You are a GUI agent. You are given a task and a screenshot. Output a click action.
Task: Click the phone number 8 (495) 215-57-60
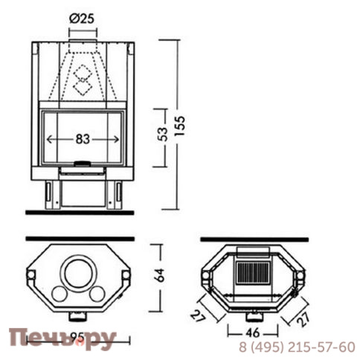click(x=297, y=347)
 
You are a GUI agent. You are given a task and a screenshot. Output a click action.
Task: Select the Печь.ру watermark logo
click(x=62, y=340)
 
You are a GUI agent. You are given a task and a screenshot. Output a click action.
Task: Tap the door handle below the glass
click(x=82, y=161)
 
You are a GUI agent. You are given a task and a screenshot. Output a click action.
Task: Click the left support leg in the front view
click(x=50, y=193)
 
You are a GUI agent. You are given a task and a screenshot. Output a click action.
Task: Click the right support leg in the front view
click(x=115, y=193)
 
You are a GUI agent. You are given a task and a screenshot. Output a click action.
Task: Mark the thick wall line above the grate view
click(x=254, y=240)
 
